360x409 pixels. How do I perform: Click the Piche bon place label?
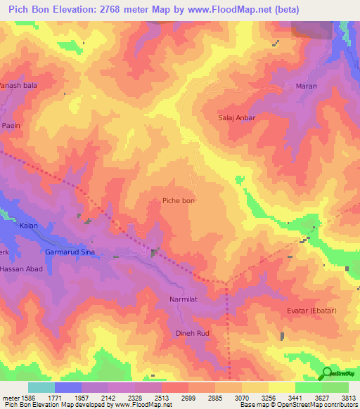179,201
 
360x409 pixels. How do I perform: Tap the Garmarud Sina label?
70,251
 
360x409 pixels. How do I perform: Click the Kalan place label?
29,226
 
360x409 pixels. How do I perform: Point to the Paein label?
11,125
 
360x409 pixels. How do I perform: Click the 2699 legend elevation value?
188,397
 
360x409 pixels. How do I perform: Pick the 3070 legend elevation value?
242,397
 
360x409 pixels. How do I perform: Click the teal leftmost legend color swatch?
41,387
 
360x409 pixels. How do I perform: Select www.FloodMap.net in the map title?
228,10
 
